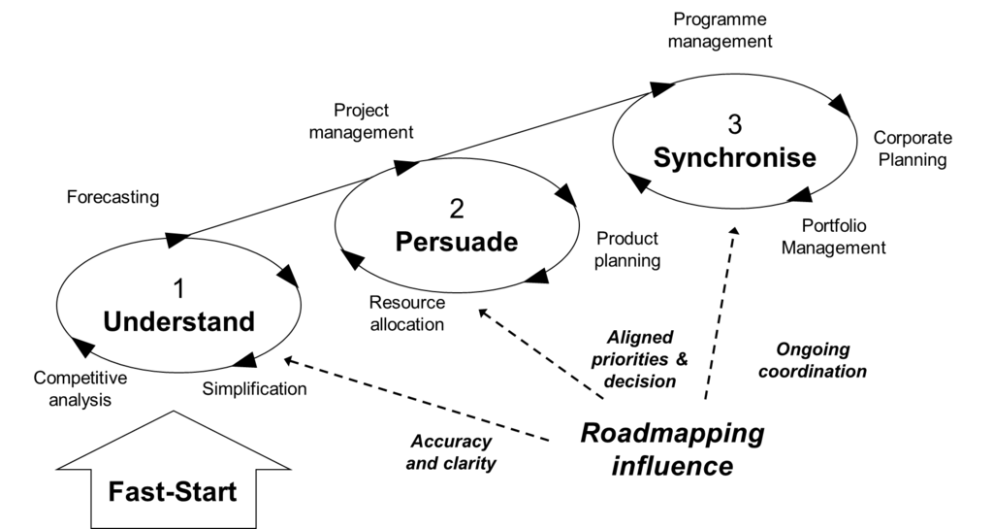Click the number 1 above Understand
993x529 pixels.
[178, 289]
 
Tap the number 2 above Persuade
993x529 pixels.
[457, 209]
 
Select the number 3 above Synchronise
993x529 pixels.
[734, 125]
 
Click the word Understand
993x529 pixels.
[178, 321]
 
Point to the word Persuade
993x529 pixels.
[456, 242]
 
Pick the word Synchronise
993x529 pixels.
[734, 157]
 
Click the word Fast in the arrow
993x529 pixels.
[133, 492]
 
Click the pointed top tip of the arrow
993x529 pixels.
[173, 413]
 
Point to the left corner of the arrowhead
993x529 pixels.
[62, 467]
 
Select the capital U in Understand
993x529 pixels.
[112, 321]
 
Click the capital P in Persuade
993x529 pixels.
[403, 242]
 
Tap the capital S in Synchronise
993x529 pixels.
[662, 157]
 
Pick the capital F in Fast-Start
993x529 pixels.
[114, 492]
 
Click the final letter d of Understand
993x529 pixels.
[246, 321]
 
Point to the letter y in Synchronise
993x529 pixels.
[679, 160]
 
